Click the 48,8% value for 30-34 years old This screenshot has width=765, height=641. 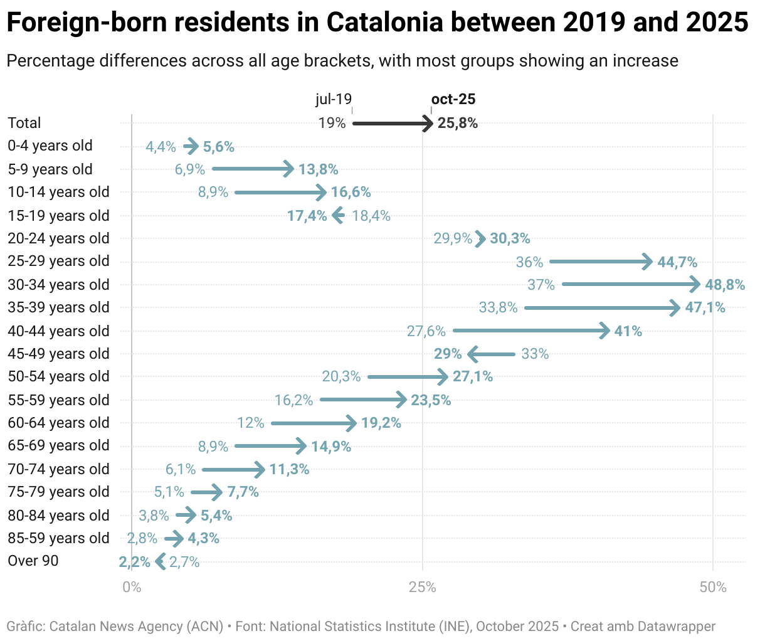click(x=725, y=285)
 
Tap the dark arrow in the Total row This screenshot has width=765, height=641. click(x=393, y=124)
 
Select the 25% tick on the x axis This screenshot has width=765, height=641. click(x=422, y=588)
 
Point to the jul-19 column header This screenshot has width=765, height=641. click(x=333, y=99)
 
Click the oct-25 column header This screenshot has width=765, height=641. click(x=453, y=99)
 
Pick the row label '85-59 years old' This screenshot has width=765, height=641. click(x=58, y=538)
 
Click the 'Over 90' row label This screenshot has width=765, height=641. click(x=33, y=561)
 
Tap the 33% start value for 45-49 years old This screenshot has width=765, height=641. click(x=535, y=354)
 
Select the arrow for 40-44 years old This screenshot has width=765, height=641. click(x=530, y=331)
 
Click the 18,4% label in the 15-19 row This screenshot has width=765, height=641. click(x=371, y=216)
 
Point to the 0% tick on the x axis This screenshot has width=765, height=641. click(x=132, y=588)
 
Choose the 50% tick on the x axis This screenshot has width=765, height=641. click(x=713, y=588)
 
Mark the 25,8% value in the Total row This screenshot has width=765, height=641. click(x=458, y=123)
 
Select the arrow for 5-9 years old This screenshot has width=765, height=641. click(x=253, y=169)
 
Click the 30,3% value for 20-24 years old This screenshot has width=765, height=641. click(x=510, y=238)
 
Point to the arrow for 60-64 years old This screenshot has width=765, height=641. click(x=314, y=423)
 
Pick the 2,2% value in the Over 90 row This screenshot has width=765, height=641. click(x=135, y=562)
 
